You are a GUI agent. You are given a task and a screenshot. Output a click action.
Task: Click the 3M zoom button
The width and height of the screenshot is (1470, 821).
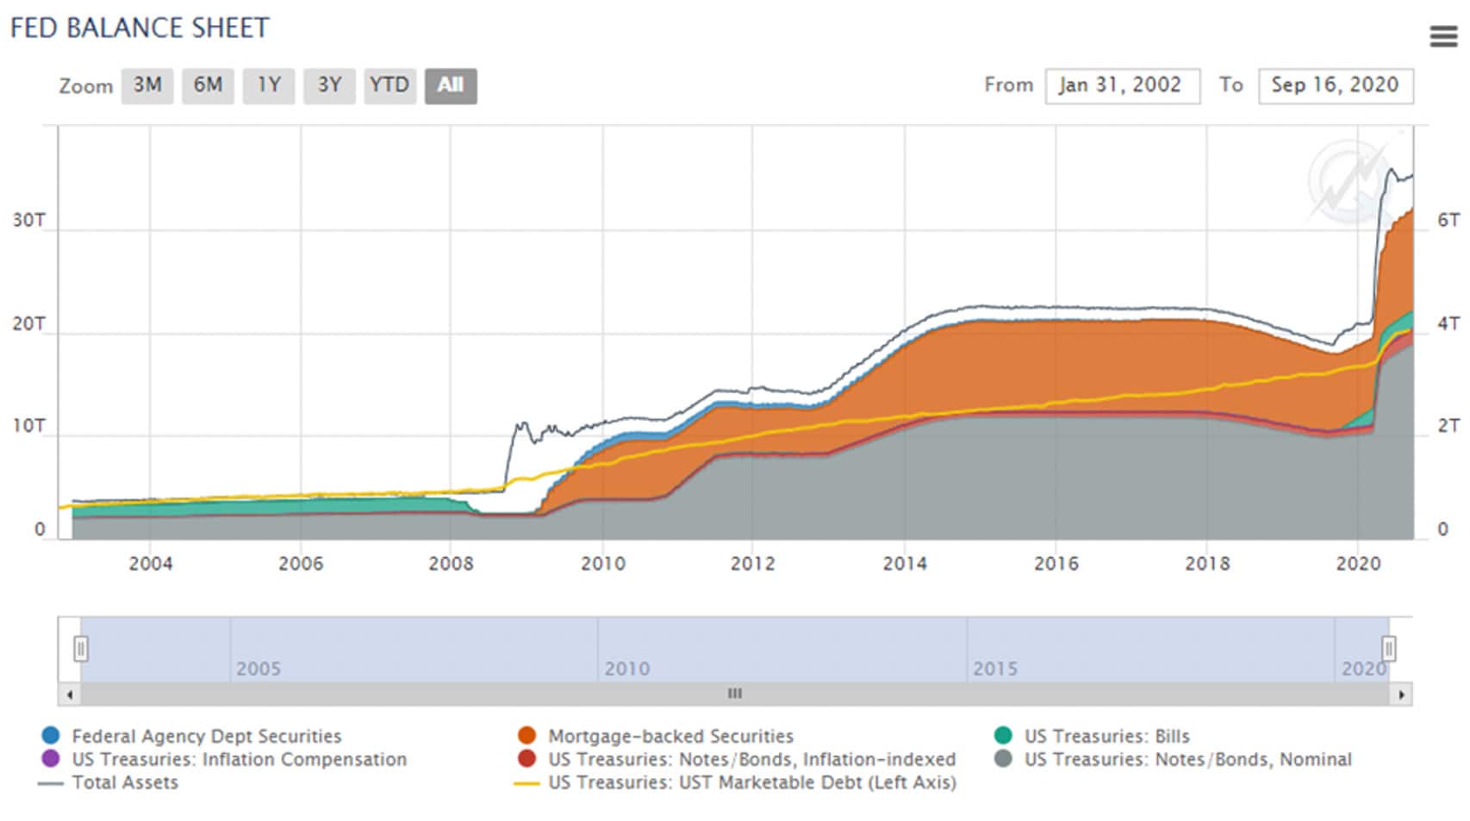(x=147, y=85)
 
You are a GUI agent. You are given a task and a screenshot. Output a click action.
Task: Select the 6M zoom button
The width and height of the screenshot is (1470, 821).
(x=208, y=85)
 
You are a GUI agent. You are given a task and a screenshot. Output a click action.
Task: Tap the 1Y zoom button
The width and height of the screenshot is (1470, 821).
(x=269, y=85)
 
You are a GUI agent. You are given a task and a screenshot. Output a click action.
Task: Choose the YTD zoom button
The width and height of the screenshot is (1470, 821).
(x=389, y=85)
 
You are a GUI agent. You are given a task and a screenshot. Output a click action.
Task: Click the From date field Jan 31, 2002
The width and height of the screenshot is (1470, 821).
(x=1122, y=85)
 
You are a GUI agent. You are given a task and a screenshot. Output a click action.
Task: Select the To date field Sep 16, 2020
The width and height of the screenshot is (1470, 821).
(x=1335, y=85)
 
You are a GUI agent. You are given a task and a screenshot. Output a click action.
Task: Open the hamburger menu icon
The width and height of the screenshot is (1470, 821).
(x=1443, y=36)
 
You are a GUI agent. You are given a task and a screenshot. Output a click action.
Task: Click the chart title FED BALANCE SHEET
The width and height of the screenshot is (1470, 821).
(x=140, y=28)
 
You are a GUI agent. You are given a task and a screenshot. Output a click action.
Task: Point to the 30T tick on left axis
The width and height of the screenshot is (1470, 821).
(x=28, y=220)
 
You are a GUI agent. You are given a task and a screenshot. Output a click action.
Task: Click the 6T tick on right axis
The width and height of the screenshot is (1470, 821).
(x=1448, y=220)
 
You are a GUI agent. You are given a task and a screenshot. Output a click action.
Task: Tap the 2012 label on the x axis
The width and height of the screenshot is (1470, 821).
(x=752, y=564)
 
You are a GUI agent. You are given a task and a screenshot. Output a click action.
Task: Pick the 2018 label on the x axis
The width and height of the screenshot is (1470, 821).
(x=1206, y=564)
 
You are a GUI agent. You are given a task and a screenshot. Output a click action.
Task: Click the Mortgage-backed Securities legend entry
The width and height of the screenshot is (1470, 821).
(x=670, y=736)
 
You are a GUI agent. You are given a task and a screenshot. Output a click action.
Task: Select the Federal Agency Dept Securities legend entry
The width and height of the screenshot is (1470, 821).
(x=206, y=736)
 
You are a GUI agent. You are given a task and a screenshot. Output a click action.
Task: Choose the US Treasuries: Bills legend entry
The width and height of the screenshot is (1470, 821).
(x=1106, y=736)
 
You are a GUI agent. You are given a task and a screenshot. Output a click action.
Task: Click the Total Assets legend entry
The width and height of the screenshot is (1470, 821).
(x=125, y=783)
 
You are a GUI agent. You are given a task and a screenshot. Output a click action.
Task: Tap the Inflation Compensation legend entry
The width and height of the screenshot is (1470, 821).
(x=239, y=760)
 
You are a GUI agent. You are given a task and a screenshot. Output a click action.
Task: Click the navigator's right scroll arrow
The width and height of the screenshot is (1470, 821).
(x=1402, y=694)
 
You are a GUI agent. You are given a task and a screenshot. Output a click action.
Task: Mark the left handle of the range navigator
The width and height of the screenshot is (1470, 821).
(x=80, y=648)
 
